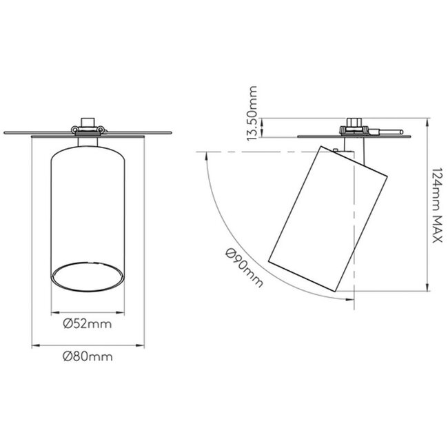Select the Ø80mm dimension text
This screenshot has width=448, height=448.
pyautogui.click(x=87, y=356)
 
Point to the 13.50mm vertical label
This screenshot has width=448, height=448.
pyautogui.click(x=252, y=113)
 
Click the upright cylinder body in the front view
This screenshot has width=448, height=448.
pyautogui.click(x=88, y=207)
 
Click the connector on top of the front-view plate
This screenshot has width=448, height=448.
pyautogui.click(x=88, y=125)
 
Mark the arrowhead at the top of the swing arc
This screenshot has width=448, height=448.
pyautogui.click(x=206, y=156)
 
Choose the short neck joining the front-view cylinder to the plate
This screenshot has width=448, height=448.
pyautogui.click(x=88, y=141)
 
